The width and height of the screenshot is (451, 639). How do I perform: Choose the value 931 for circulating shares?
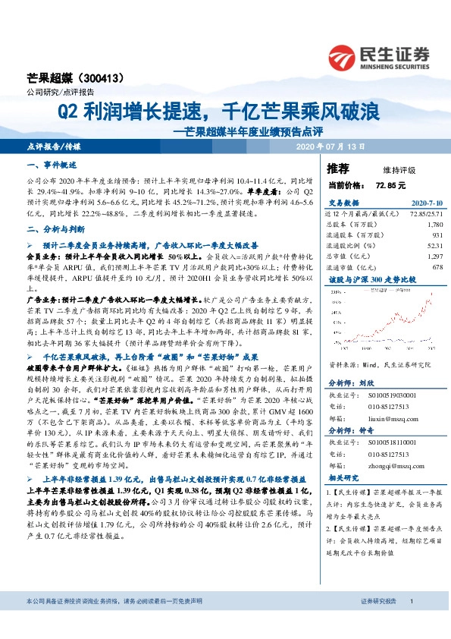(437, 235)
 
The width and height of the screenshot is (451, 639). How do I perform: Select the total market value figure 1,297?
(434, 257)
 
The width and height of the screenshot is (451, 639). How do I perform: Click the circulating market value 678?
(437, 267)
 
